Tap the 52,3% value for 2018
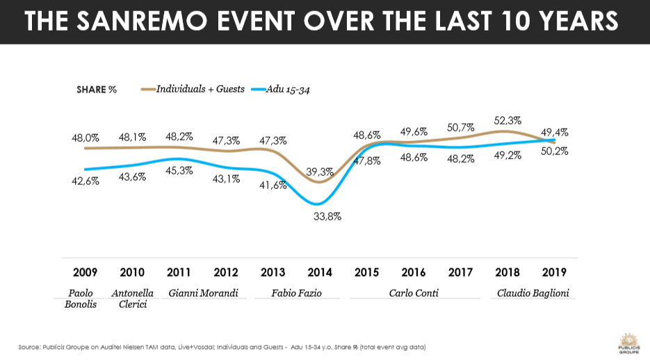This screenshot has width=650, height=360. (x=508, y=120)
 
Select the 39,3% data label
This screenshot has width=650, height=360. (x=320, y=172)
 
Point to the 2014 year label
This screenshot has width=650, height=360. (x=320, y=272)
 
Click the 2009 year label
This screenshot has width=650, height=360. (x=85, y=272)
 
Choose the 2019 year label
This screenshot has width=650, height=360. (x=555, y=272)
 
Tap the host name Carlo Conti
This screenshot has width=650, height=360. (x=414, y=293)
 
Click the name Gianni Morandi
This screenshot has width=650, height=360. (x=204, y=293)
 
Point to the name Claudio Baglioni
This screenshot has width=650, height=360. (x=533, y=293)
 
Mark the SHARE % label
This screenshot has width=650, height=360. (x=97, y=90)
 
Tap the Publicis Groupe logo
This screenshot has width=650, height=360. (x=628, y=342)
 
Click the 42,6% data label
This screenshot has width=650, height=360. (x=86, y=181)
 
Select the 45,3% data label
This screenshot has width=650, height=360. (x=179, y=170)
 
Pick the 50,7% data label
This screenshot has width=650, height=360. (x=461, y=127)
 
